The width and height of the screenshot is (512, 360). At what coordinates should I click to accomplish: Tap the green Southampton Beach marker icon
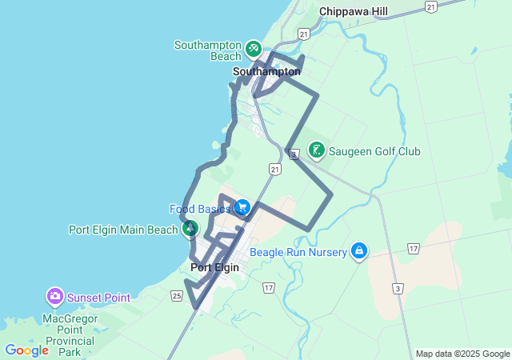pyautogui.click(x=253, y=49)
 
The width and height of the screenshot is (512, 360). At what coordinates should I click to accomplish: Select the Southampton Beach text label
pyautogui.click(x=208, y=50)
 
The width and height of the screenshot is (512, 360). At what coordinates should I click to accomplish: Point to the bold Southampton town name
pyautogui.click(x=266, y=71)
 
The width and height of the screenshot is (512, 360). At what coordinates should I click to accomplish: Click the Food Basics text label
pyautogui.click(x=200, y=209)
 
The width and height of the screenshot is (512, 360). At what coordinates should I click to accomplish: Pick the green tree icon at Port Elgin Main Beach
pyautogui.click(x=190, y=230)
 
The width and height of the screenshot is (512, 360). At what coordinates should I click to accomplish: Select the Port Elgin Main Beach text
pyautogui.click(x=123, y=230)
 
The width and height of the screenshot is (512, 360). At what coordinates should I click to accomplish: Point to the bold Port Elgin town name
pyautogui.click(x=214, y=267)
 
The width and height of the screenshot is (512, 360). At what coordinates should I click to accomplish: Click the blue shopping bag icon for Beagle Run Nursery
pyautogui.click(x=359, y=252)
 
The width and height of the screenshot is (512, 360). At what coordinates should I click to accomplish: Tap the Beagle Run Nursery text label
pyautogui.click(x=298, y=253)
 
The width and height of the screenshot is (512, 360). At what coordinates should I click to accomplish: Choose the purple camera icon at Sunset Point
pyautogui.click(x=55, y=298)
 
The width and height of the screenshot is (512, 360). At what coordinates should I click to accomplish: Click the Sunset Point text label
pyautogui.click(x=98, y=298)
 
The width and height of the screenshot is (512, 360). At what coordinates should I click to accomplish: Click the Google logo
pyautogui.click(x=26, y=350)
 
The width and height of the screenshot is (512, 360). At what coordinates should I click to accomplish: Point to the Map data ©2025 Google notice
pyautogui.click(x=462, y=354)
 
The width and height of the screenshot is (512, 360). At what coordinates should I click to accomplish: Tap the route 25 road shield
pyautogui.click(x=176, y=295)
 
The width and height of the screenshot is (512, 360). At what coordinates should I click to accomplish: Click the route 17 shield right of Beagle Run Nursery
pyautogui.click(x=413, y=250)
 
